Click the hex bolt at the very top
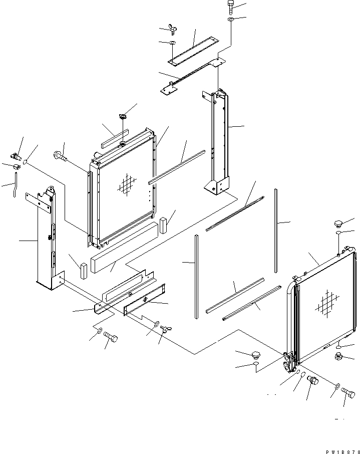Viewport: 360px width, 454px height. [230, 8]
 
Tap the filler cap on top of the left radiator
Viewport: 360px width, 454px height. [122, 117]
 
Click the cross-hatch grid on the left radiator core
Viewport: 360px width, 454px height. [127, 184]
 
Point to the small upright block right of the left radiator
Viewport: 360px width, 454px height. [164, 226]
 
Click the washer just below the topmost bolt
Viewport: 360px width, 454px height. [230, 20]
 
